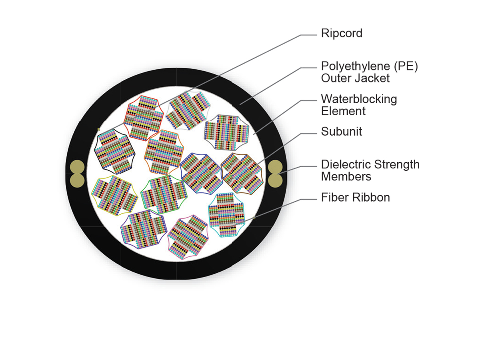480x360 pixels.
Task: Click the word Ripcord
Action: [x=342, y=33]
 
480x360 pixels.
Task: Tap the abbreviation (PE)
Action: [x=404, y=66]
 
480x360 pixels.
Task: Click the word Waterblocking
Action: [x=359, y=99]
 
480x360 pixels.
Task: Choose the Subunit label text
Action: [x=341, y=132]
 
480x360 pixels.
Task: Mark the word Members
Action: [x=346, y=176]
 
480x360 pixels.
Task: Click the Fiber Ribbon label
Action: [x=355, y=197]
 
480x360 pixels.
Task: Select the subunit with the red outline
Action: [x=143, y=118]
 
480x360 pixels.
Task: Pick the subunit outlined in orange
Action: [x=164, y=151]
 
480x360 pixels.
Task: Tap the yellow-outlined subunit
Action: [x=114, y=195]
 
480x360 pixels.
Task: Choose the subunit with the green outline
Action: [x=164, y=194]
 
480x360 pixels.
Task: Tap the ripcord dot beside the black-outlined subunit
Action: [x=98, y=129]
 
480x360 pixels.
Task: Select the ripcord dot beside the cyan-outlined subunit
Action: [x=254, y=218]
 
